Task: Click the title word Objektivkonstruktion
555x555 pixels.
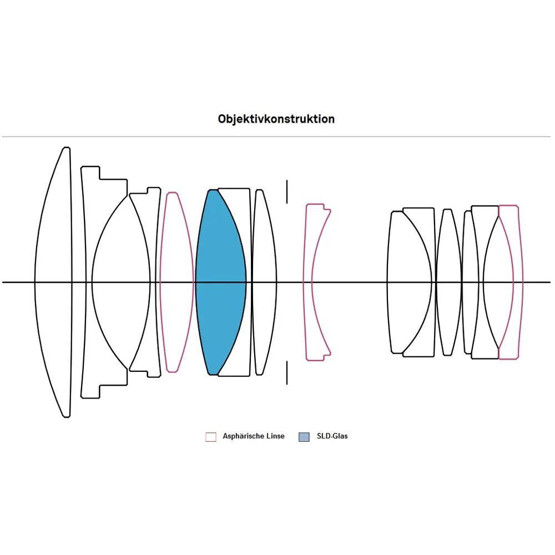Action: (x=276, y=119)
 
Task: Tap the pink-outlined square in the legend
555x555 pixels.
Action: (x=211, y=437)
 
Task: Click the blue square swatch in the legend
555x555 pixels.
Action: (x=304, y=437)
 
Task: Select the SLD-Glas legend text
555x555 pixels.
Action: (x=332, y=436)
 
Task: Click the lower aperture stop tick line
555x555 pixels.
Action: (x=287, y=372)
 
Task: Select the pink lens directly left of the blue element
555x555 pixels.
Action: (x=176, y=250)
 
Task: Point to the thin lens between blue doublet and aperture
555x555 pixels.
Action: (x=264, y=250)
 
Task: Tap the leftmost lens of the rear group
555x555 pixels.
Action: (x=405, y=250)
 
